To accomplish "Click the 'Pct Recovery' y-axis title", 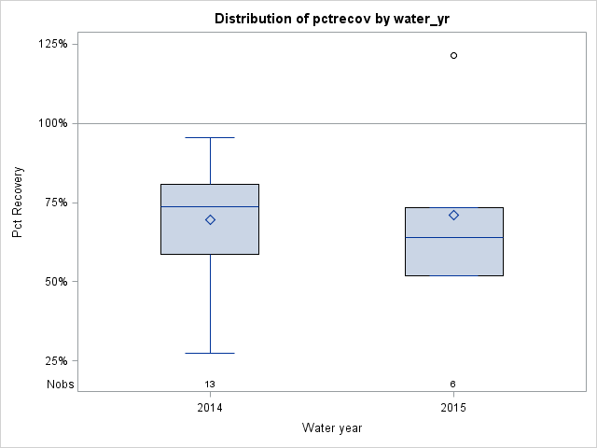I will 18,203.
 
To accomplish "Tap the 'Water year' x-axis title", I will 331,427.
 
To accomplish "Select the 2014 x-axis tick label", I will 210,408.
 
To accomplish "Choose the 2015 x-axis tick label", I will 453,408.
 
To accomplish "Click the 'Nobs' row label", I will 61,384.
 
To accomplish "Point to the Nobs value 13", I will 210,384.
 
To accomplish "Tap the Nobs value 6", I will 453,384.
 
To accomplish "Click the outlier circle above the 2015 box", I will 453,55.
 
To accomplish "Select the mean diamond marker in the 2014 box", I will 210,220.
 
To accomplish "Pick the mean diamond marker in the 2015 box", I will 453,215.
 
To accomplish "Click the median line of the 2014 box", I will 210,206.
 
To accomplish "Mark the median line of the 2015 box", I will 453,237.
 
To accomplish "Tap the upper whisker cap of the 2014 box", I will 210,137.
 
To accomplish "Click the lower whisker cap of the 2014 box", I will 210,353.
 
